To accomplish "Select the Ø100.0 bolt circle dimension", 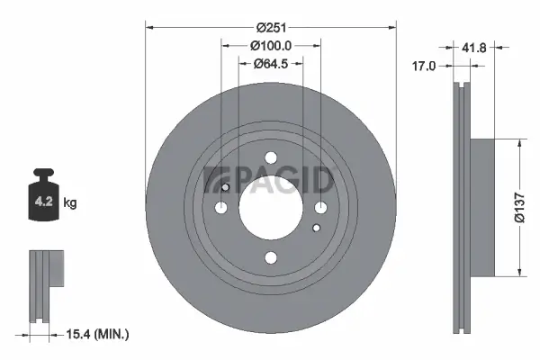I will [271, 46].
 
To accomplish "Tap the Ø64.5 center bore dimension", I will [271, 63].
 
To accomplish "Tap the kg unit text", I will [71, 204].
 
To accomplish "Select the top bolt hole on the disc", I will [271, 157].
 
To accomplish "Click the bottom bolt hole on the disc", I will [271, 258].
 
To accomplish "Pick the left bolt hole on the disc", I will [220, 208].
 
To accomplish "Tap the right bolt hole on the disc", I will [321, 208].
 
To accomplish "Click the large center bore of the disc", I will [271, 208].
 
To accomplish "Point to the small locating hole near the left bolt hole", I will [226, 188].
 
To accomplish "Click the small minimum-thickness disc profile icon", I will [46, 283].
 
